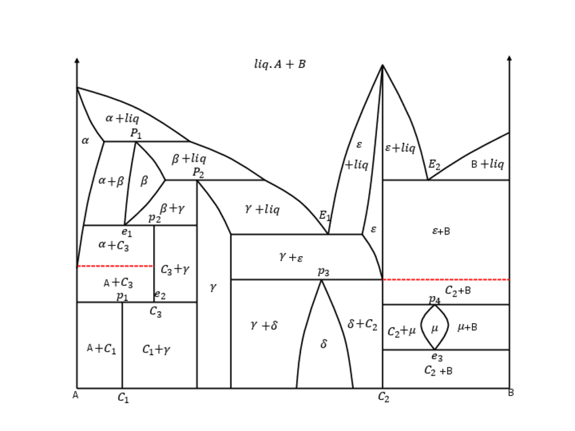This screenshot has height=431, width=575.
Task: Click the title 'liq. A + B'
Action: coord(279,64)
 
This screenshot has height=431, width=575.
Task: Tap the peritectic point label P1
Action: coord(136,134)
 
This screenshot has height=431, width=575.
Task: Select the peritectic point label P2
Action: coord(198,173)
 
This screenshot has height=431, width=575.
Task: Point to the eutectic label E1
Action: coord(325,216)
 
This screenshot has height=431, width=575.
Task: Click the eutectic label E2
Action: coord(434,165)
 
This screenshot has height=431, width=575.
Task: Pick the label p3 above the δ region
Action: coord(323,272)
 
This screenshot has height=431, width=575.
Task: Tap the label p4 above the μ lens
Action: coord(434,299)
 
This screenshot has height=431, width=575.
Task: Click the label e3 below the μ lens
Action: coord(437,356)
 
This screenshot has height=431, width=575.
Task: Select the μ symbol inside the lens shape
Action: coord(435,328)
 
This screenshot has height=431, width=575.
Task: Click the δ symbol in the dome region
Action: coord(323,344)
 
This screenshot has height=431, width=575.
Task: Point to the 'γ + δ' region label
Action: coord(264,326)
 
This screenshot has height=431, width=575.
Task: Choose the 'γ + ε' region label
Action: coord(291,257)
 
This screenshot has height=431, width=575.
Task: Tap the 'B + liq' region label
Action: coord(488,164)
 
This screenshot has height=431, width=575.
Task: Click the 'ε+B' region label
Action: coord(441,231)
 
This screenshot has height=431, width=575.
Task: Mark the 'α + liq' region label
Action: coord(122,118)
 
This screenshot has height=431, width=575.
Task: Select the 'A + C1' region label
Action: coord(102,349)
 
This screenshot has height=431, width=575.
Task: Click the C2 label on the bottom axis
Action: coord(384,397)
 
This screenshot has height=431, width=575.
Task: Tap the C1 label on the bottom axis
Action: coord(123,398)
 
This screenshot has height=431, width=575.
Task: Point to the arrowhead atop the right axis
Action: coord(509,59)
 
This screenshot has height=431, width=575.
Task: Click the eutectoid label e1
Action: coord(127,232)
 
